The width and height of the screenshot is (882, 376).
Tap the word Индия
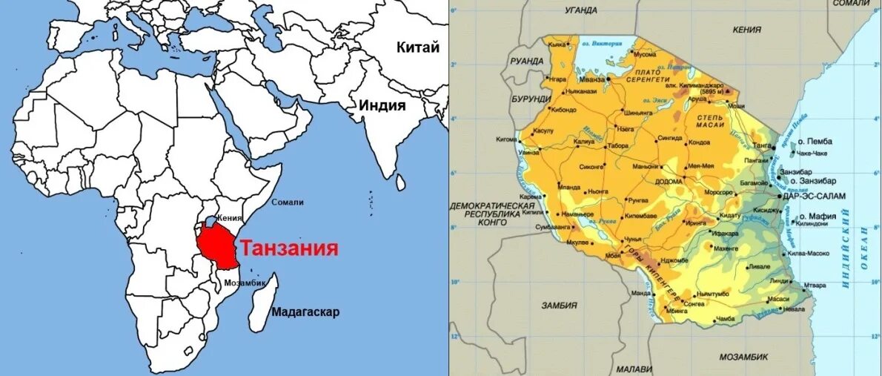click(382, 105)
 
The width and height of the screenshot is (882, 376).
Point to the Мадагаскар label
click(305, 311)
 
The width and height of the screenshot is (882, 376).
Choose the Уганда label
click(580, 10)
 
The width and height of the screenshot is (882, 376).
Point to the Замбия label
click(559, 305)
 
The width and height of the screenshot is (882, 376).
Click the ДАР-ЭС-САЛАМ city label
click(809, 196)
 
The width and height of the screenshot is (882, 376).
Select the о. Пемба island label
click(814, 141)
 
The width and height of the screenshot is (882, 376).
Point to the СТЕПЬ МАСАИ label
click(709, 122)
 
